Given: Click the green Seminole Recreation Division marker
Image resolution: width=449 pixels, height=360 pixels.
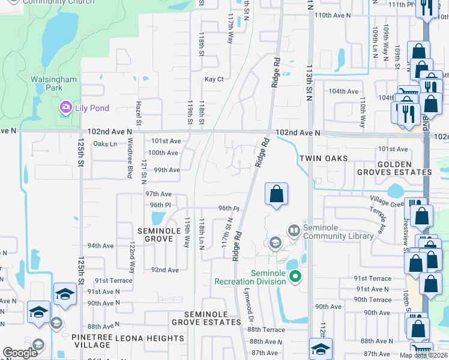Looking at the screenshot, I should pyautogui.click(x=295, y=276).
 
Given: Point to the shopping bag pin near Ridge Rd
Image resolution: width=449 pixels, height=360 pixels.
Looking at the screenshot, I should pyautogui.click(x=276, y=194).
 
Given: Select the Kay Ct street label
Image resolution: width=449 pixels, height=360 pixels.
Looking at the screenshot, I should pyautogui.click(x=214, y=79).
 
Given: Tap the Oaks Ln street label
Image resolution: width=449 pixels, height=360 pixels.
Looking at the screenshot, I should pyautogui.click(x=104, y=144).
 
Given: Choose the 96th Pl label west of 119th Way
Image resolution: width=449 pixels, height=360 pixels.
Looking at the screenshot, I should pyautogui.click(x=160, y=205).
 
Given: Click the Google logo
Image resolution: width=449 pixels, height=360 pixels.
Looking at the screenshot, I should pyautogui.click(x=20, y=353).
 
